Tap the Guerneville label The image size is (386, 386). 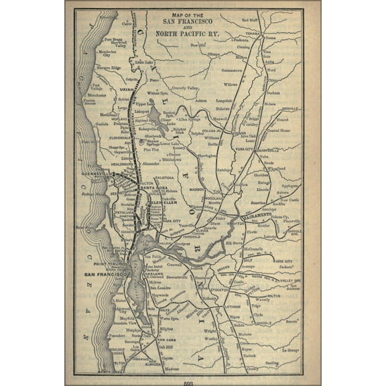pos(98,173)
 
